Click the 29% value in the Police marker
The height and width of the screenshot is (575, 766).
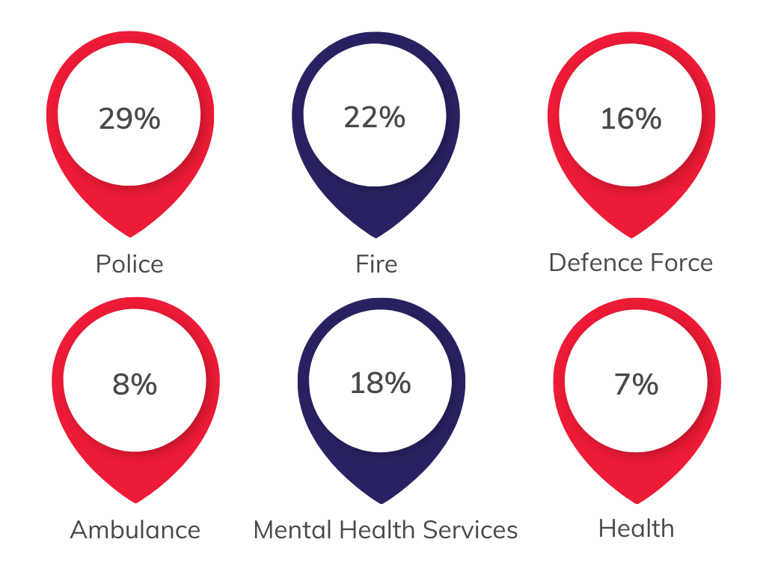pos(129,118)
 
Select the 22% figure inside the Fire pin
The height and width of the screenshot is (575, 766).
pos(375,118)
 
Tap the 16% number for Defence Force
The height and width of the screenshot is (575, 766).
pos(631,119)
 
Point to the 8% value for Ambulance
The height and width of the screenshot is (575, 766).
pos(135,384)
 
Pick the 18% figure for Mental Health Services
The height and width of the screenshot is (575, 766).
pos(381,383)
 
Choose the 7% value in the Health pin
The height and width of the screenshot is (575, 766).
pos(636,384)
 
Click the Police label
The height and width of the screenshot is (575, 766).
pos(129,264)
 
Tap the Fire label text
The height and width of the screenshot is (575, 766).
pos(376,264)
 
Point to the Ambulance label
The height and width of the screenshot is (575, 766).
pos(135,530)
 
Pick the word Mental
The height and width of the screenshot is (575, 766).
pos(292,530)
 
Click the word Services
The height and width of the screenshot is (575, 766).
pos(471,530)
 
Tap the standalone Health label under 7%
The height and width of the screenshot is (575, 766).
pos(636,529)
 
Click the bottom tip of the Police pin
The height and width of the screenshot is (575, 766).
pos(130,237)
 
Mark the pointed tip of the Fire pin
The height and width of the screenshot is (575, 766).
pos(376,237)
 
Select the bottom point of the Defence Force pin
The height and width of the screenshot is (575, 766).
pos(631,237)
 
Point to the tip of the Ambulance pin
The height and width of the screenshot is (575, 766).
pos(136,502)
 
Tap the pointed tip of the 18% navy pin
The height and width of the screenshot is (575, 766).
pos(381,503)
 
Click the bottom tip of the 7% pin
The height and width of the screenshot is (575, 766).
pos(637,503)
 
